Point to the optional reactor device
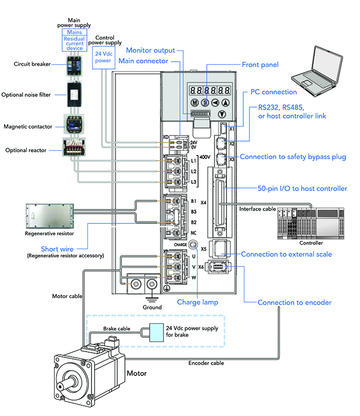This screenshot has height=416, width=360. point(73,148)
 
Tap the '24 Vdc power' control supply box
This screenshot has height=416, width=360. point(103,56)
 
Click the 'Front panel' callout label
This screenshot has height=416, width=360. point(260,65)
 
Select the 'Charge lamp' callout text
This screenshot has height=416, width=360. point(197,302)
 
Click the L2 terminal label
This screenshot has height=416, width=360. point(194,171)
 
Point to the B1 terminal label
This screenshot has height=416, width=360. point(194,201)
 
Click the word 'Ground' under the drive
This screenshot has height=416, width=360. point(152,307)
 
